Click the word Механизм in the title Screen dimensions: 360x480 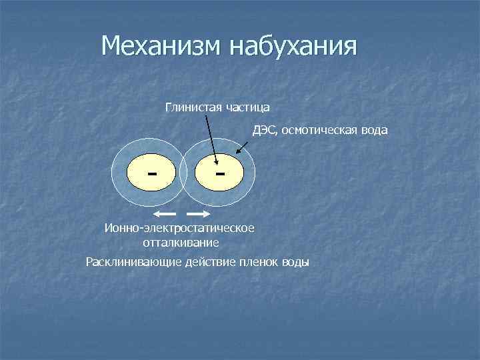(163, 46)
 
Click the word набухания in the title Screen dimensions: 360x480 (294, 46)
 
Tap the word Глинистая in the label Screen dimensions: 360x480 (193, 107)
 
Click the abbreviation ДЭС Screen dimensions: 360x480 (263, 130)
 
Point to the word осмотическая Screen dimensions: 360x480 (316, 130)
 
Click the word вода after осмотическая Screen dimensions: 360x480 (373, 130)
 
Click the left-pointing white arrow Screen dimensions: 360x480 (164, 214)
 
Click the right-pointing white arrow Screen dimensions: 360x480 (198, 214)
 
